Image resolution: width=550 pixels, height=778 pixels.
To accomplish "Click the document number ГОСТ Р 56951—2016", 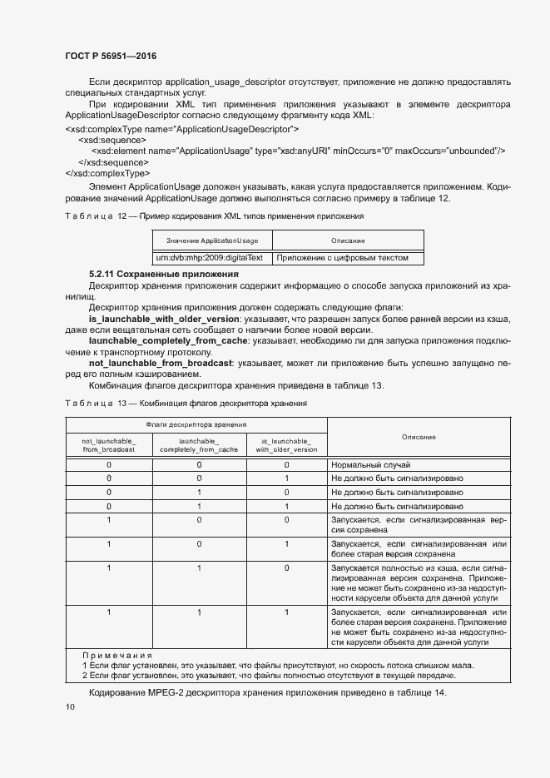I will [x=111, y=57].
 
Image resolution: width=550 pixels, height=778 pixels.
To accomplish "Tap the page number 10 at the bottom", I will [x=70, y=706].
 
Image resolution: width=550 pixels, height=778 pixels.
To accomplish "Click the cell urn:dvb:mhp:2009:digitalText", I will [x=212, y=258].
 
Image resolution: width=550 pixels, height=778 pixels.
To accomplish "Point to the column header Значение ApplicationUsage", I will [x=212, y=240].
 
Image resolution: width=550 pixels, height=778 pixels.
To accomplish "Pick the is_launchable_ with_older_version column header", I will [x=286, y=444].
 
